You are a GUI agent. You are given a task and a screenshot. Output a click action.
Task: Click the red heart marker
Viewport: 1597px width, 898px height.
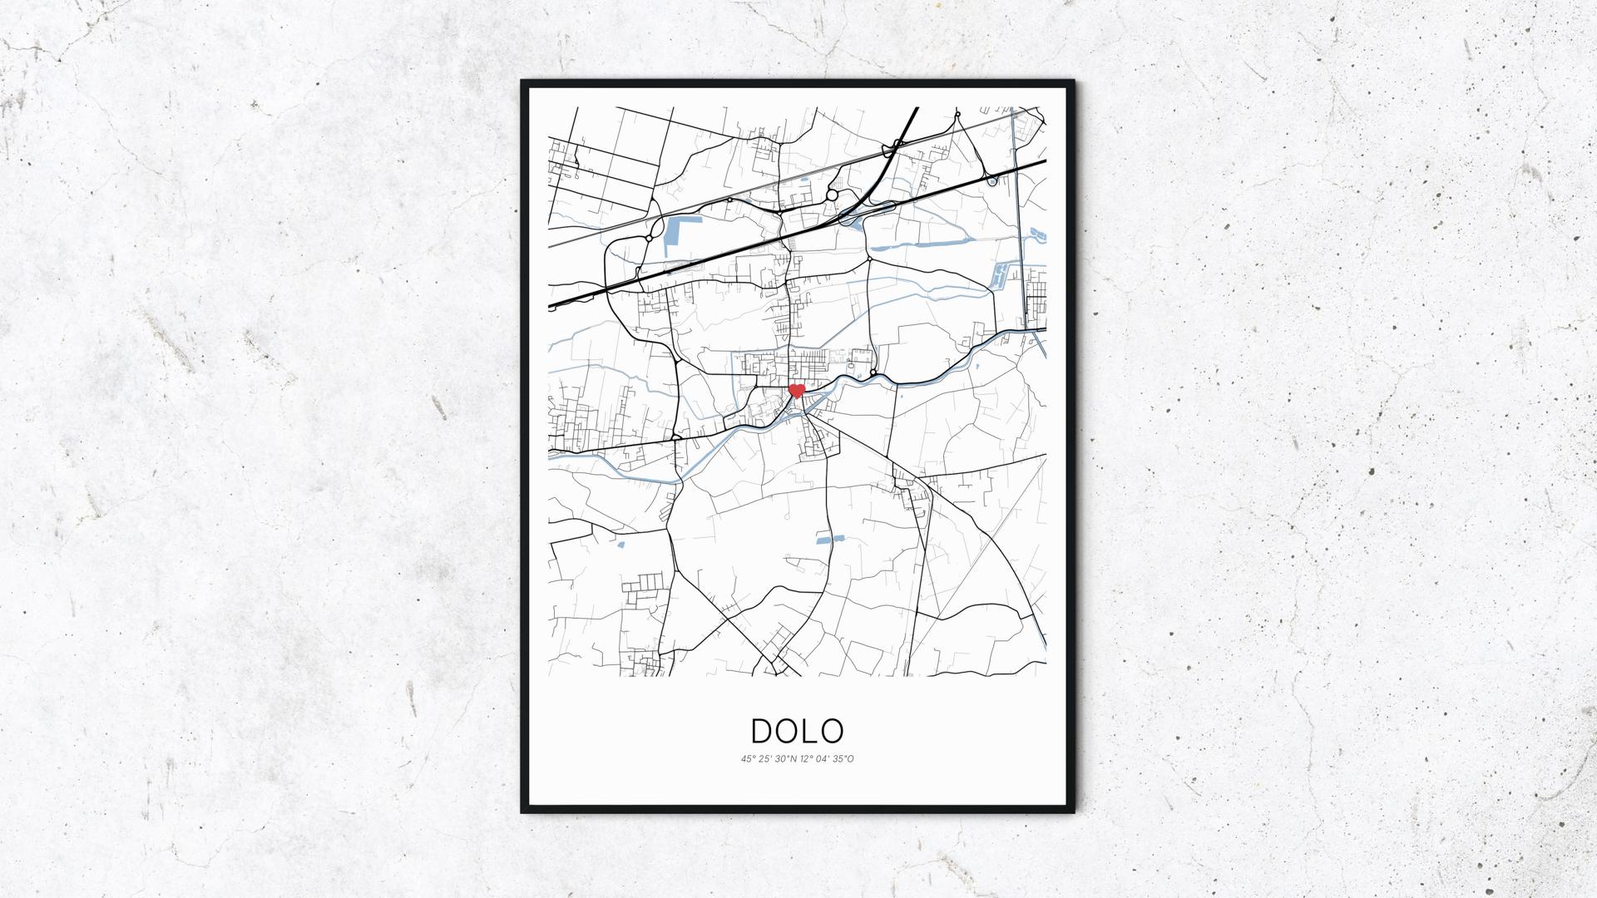point(797,390)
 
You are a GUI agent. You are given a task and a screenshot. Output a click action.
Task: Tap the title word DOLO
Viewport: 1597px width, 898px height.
point(798,731)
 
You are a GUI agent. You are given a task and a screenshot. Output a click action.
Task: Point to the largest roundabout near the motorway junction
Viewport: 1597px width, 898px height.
point(832,195)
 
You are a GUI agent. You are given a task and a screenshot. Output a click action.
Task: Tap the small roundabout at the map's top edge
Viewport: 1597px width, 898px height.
point(957,113)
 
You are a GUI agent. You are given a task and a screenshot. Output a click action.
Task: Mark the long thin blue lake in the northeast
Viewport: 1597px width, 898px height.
point(919,245)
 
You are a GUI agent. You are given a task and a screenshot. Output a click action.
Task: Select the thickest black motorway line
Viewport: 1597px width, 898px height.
point(798,233)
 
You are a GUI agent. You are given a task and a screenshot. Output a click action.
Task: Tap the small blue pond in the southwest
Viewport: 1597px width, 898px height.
point(621,545)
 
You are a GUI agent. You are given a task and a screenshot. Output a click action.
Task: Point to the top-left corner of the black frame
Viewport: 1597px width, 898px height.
point(523,82)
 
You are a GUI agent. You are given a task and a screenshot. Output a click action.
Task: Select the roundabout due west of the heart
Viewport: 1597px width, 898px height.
point(676,436)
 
